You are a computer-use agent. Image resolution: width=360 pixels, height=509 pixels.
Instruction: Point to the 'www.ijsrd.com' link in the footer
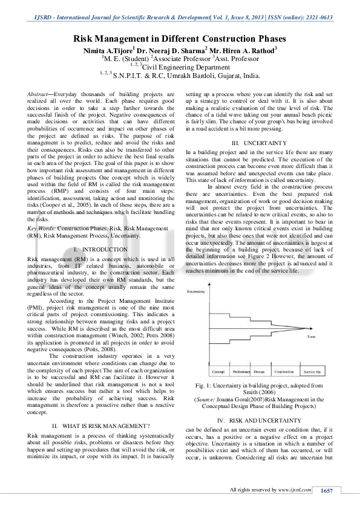(296, 489)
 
